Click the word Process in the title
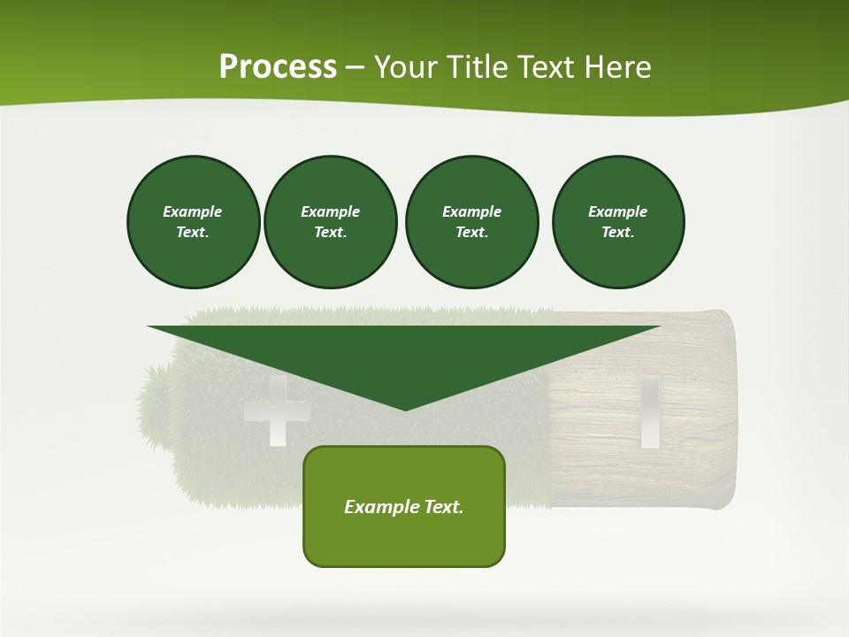point(278,67)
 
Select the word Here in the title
point(618,67)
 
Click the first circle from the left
point(193,222)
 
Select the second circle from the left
point(330,222)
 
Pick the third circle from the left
point(471,222)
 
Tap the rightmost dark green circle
point(617,222)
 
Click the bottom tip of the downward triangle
point(405,409)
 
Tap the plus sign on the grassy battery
point(277,411)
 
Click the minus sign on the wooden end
point(650,411)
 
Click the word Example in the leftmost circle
point(193,211)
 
